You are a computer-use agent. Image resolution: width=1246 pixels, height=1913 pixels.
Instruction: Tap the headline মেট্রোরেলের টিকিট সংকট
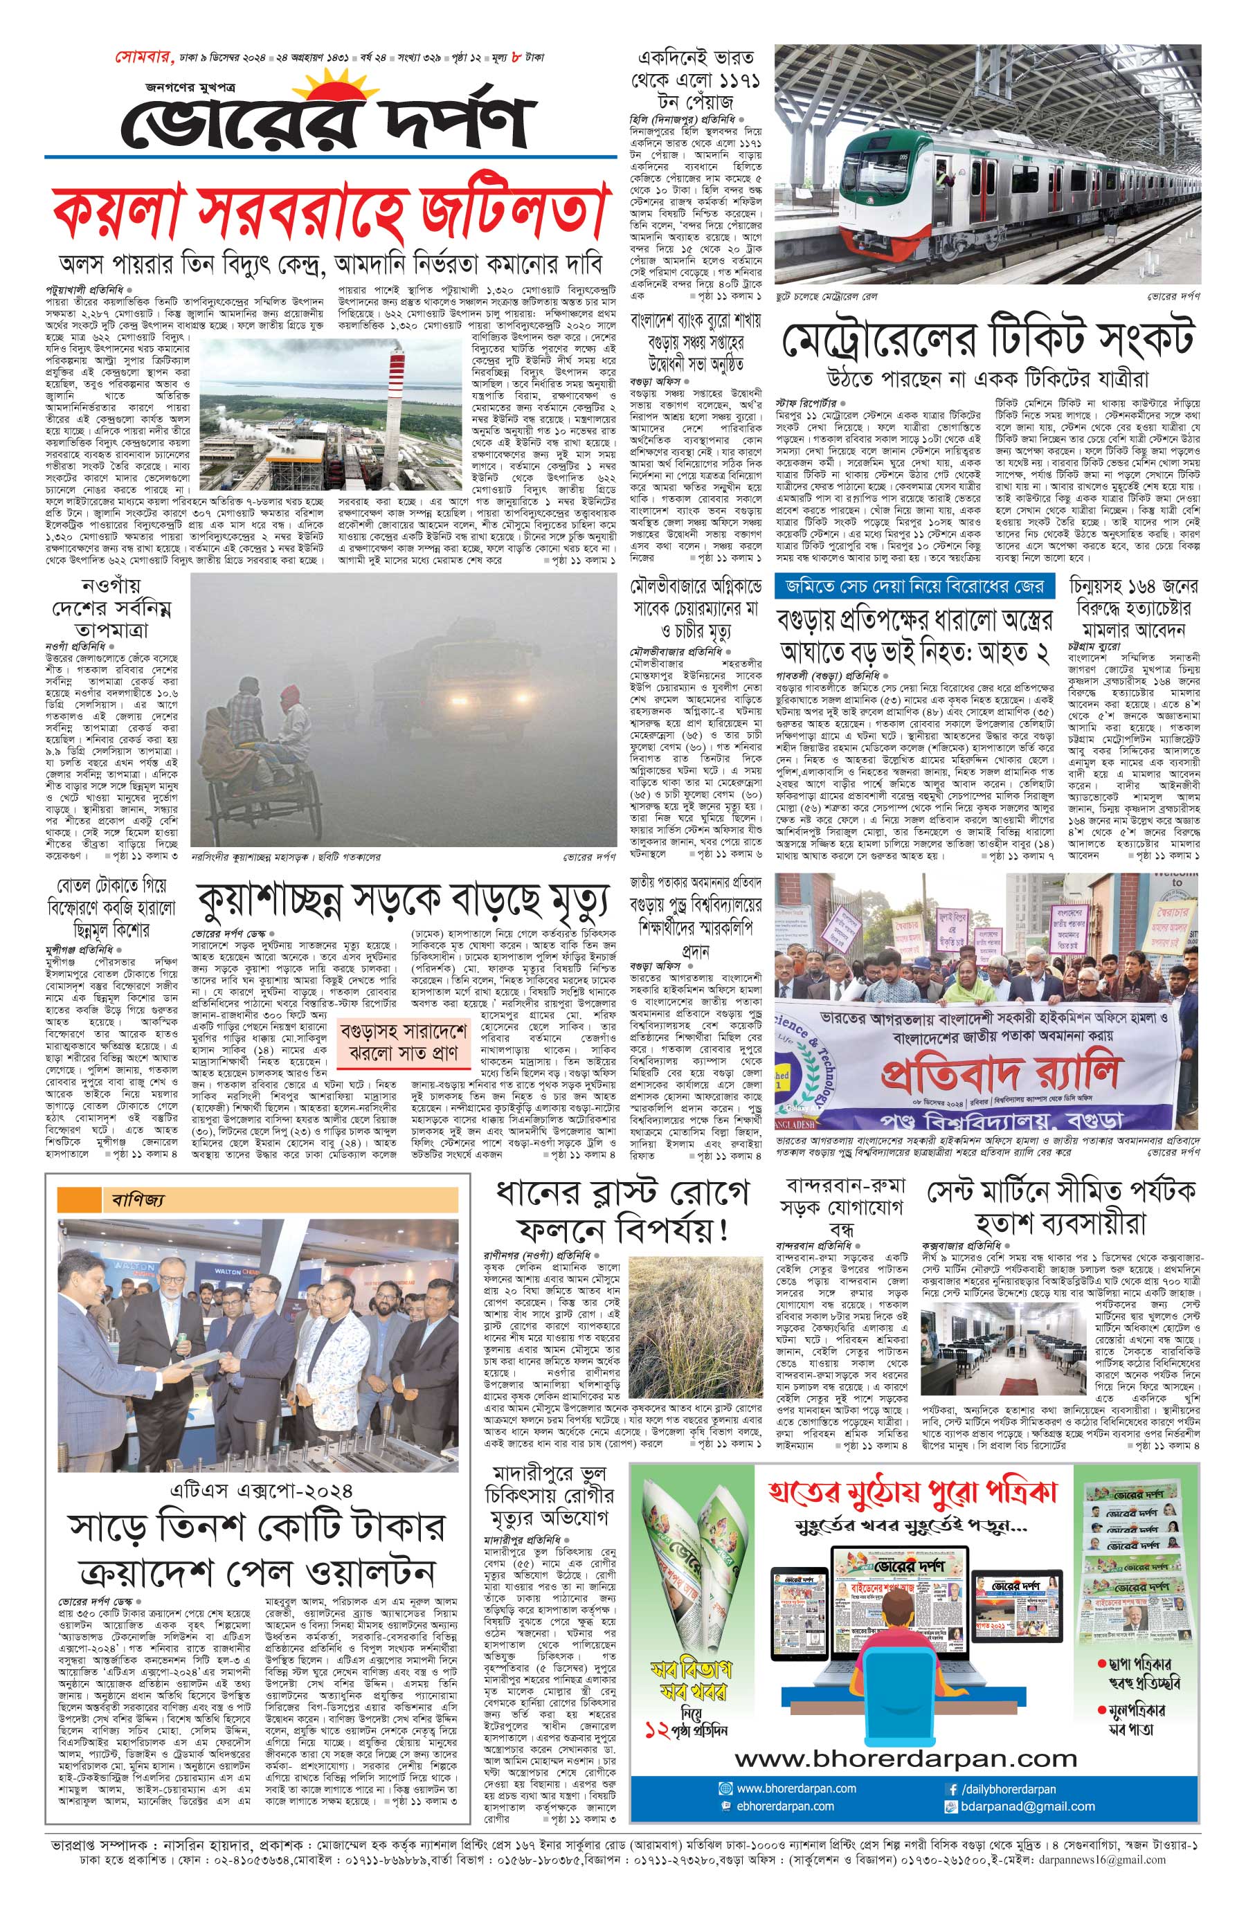987,338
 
